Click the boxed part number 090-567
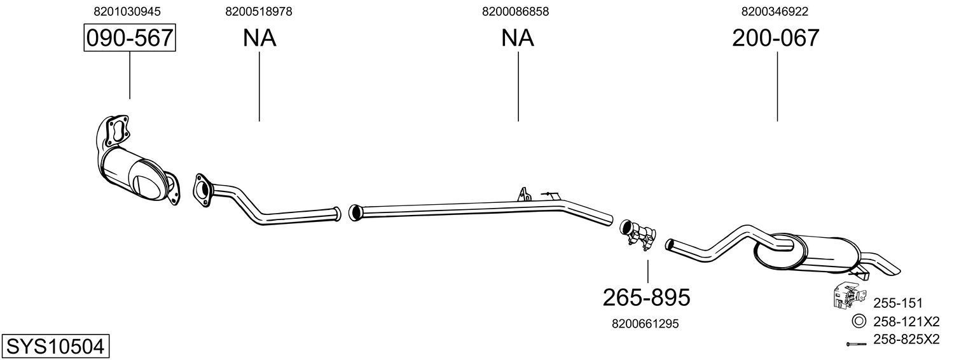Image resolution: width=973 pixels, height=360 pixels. pos(130,38)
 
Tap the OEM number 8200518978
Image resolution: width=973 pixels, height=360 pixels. pos(259,11)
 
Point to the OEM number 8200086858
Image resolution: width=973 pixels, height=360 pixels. pos(516,11)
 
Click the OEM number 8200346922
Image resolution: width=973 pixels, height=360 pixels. pos(775,11)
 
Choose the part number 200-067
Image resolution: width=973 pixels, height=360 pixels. pos(775,38)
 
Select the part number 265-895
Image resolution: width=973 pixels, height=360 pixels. pos(646,296)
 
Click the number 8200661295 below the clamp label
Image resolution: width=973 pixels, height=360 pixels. pos(645,324)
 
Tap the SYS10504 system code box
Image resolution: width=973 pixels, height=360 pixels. pos(55,346)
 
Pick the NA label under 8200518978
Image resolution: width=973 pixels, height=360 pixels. pos(259,38)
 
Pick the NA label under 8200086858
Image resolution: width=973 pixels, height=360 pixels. pos(518,38)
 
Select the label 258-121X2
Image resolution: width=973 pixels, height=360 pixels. pos(906,321)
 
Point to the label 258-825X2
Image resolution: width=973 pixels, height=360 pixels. pos(906,340)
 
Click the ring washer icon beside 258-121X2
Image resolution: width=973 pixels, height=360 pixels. pos(858,321)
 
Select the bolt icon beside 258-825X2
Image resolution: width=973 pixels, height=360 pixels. pos(857,344)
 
